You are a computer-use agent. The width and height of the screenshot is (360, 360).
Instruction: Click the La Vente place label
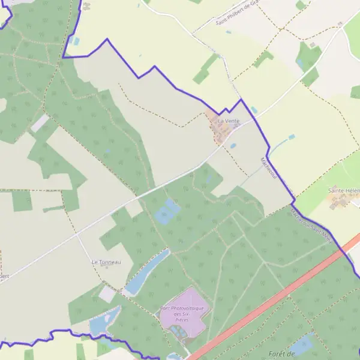[x=228, y=121]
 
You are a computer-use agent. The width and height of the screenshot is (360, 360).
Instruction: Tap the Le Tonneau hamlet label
[x=106, y=262]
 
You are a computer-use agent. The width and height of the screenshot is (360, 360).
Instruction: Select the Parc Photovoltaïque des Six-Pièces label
[x=182, y=311]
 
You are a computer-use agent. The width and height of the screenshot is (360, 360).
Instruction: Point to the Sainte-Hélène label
[x=344, y=190]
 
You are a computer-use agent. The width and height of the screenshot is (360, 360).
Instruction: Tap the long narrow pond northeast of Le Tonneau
[x=147, y=272]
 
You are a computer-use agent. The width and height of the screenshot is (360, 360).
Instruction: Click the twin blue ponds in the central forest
[x=167, y=212]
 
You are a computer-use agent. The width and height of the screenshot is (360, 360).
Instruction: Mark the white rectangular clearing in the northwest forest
[x=40, y=123]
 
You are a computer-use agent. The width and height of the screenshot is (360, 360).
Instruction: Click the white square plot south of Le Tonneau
[x=107, y=294]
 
